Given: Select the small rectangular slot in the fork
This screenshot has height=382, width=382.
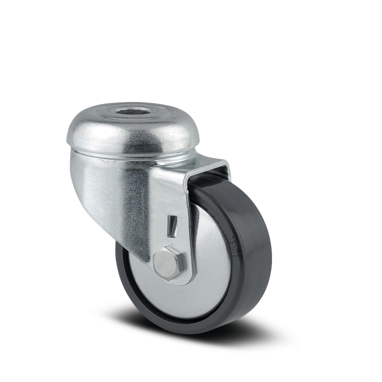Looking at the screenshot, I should [173, 226].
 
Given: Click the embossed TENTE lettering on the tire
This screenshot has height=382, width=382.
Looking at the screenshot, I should [234, 246].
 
